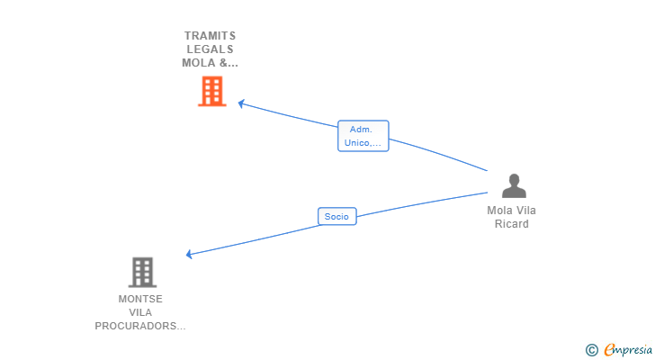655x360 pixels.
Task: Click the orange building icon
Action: point(212,91)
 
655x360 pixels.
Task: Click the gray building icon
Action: point(142,272)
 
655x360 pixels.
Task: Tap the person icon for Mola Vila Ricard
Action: point(514,186)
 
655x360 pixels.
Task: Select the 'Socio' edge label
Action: point(336,216)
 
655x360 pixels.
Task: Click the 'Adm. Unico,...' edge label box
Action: point(363,136)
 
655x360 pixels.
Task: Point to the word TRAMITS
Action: point(211,36)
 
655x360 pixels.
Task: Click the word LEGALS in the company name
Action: point(211,49)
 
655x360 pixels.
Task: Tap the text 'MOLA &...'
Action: point(211,63)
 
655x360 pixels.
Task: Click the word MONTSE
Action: point(140,299)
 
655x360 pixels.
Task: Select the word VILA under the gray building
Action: point(140,312)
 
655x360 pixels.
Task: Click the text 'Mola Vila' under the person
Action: point(511,211)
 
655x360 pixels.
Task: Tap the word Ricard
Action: point(511,224)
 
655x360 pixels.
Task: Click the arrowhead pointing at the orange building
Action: point(241,103)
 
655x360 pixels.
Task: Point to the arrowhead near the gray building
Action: point(189,255)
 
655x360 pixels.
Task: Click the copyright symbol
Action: point(591,349)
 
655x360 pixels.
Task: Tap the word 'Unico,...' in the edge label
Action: point(363,143)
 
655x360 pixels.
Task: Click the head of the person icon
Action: point(514,180)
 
